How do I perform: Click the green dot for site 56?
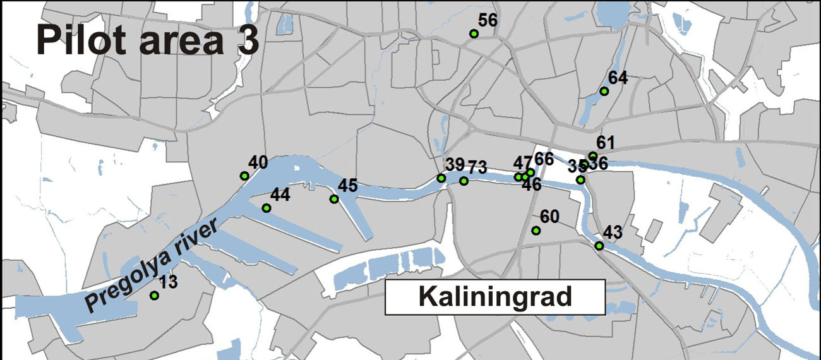[x=474, y=33]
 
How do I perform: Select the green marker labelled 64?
[x=604, y=92]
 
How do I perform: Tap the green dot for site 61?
[x=592, y=156]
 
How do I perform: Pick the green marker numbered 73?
[x=464, y=181]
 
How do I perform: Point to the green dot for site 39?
[x=441, y=178]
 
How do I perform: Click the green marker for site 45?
[x=334, y=200]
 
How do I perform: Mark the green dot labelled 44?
[x=267, y=208]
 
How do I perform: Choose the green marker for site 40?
[x=244, y=176]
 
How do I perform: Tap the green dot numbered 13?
[x=153, y=295]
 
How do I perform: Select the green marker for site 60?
[x=536, y=231]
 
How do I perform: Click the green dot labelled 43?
[x=599, y=246]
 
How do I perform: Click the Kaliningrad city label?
[x=495, y=296]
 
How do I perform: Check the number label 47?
[x=522, y=164]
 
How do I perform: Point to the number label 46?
[x=531, y=186]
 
